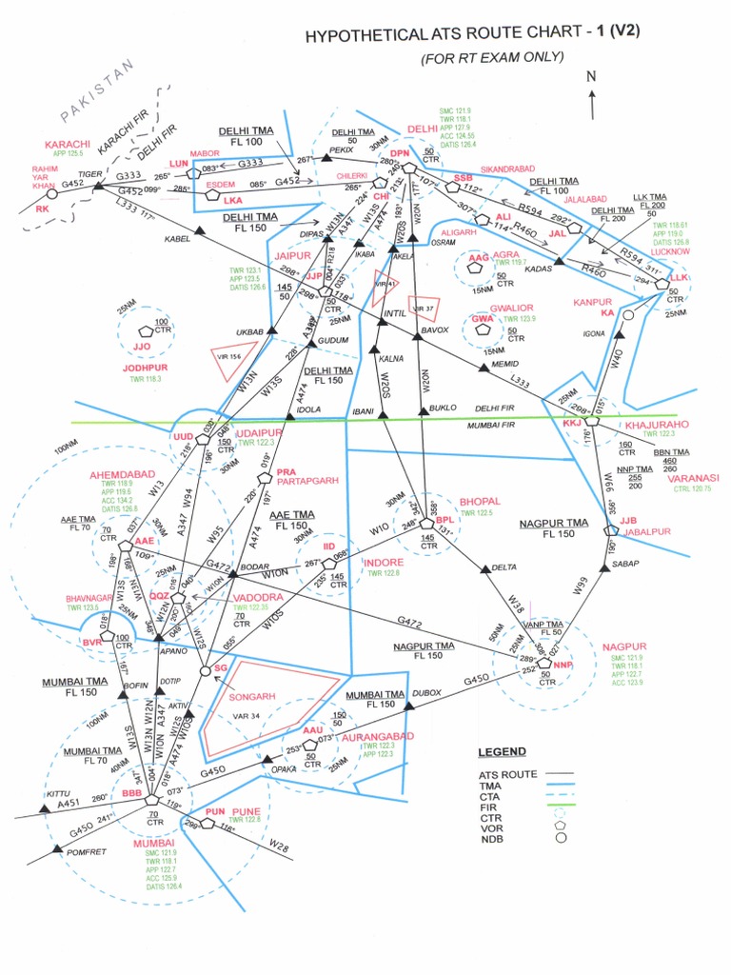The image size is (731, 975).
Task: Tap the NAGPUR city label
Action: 624,647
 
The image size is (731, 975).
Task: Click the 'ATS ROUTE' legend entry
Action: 508,774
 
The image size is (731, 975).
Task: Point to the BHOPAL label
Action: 480,501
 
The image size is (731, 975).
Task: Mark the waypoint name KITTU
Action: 59,793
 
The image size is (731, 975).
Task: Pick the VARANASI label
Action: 693,477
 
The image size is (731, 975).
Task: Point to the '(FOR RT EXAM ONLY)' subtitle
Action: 493,58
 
